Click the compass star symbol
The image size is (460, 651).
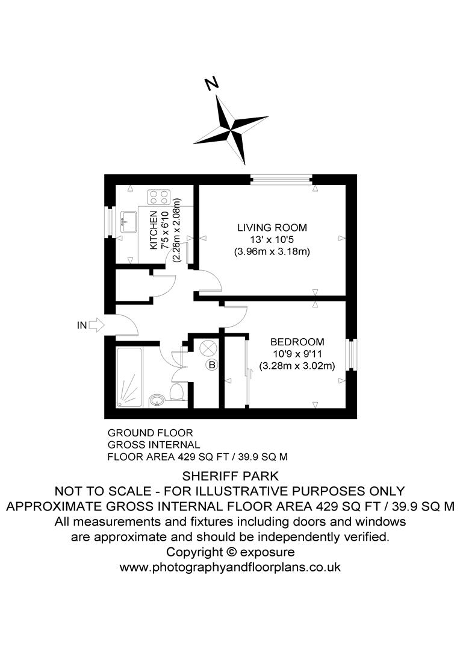tap(231, 128)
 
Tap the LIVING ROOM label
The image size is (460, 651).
tap(272, 228)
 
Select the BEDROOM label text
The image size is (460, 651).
tap(297, 341)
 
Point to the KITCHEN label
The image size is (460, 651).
tap(154, 230)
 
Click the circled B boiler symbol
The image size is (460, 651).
tap(211, 365)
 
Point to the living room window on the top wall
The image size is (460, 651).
tap(282, 178)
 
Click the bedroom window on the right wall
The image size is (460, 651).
tap(351, 354)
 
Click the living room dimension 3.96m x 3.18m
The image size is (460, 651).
tap(272, 252)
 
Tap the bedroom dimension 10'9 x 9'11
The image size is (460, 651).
tap(297, 353)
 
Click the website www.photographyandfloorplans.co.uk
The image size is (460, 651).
tap(230, 567)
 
